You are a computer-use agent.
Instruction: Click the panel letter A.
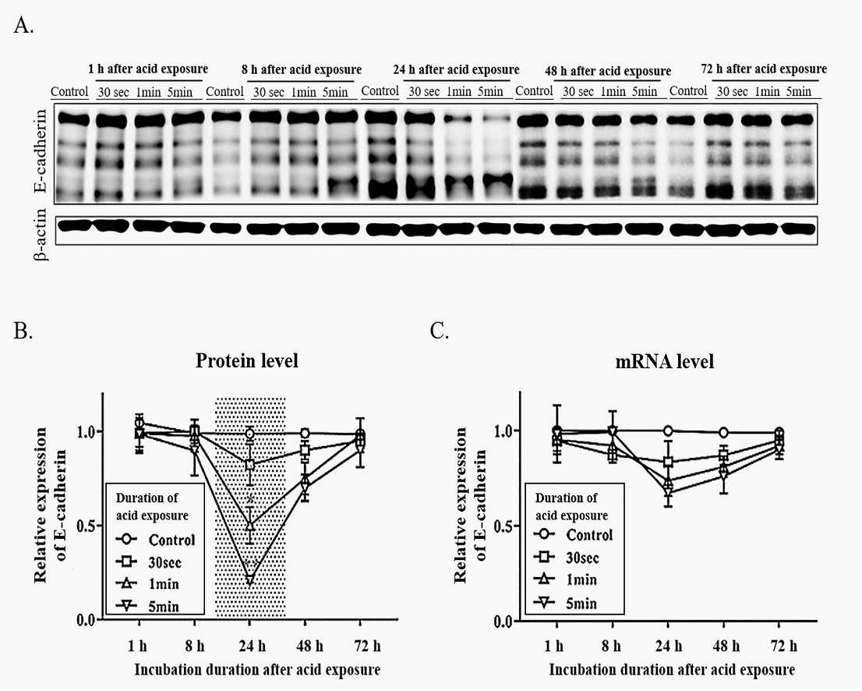(x=23, y=25)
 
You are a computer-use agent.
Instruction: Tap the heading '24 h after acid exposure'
(x=456, y=70)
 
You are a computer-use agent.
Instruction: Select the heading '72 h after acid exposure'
(x=764, y=69)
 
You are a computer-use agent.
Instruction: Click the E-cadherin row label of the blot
(x=41, y=151)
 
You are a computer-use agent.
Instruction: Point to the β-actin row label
(x=41, y=235)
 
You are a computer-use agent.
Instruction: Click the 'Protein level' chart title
(x=247, y=360)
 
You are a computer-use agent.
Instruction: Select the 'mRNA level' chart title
(x=665, y=361)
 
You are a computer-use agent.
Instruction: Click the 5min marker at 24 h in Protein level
(x=250, y=580)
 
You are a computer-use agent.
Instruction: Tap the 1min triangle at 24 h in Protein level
(x=250, y=525)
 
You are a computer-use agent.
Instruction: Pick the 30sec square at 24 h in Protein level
(x=250, y=465)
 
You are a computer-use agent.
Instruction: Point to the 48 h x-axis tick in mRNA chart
(x=726, y=645)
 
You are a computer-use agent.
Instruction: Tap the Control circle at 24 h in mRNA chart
(x=668, y=431)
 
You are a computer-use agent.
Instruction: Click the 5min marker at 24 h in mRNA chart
(x=668, y=491)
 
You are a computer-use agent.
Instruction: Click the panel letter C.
(x=440, y=331)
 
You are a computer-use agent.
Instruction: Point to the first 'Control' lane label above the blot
(x=69, y=91)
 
